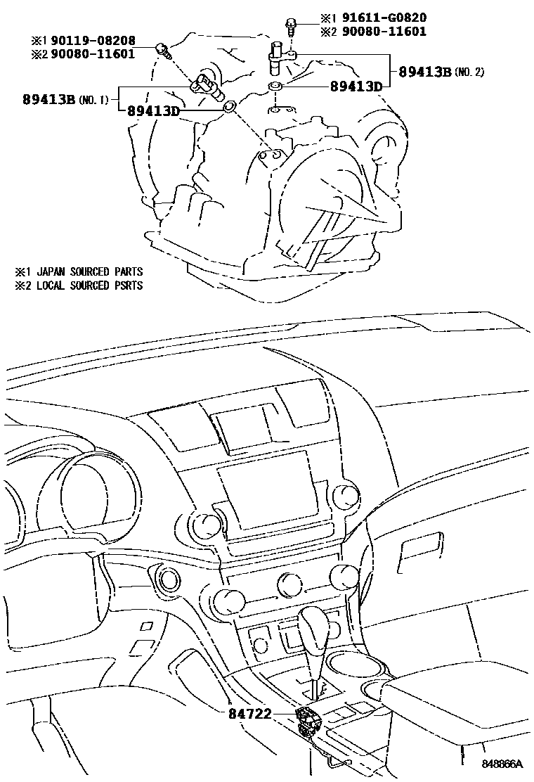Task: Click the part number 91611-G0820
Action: pyautogui.click(x=384, y=18)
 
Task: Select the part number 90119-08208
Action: pyautogui.click(x=93, y=41)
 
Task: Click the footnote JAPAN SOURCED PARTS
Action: pyautogui.click(x=89, y=271)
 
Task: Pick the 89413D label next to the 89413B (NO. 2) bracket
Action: pyautogui.click(x=356, y=87)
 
